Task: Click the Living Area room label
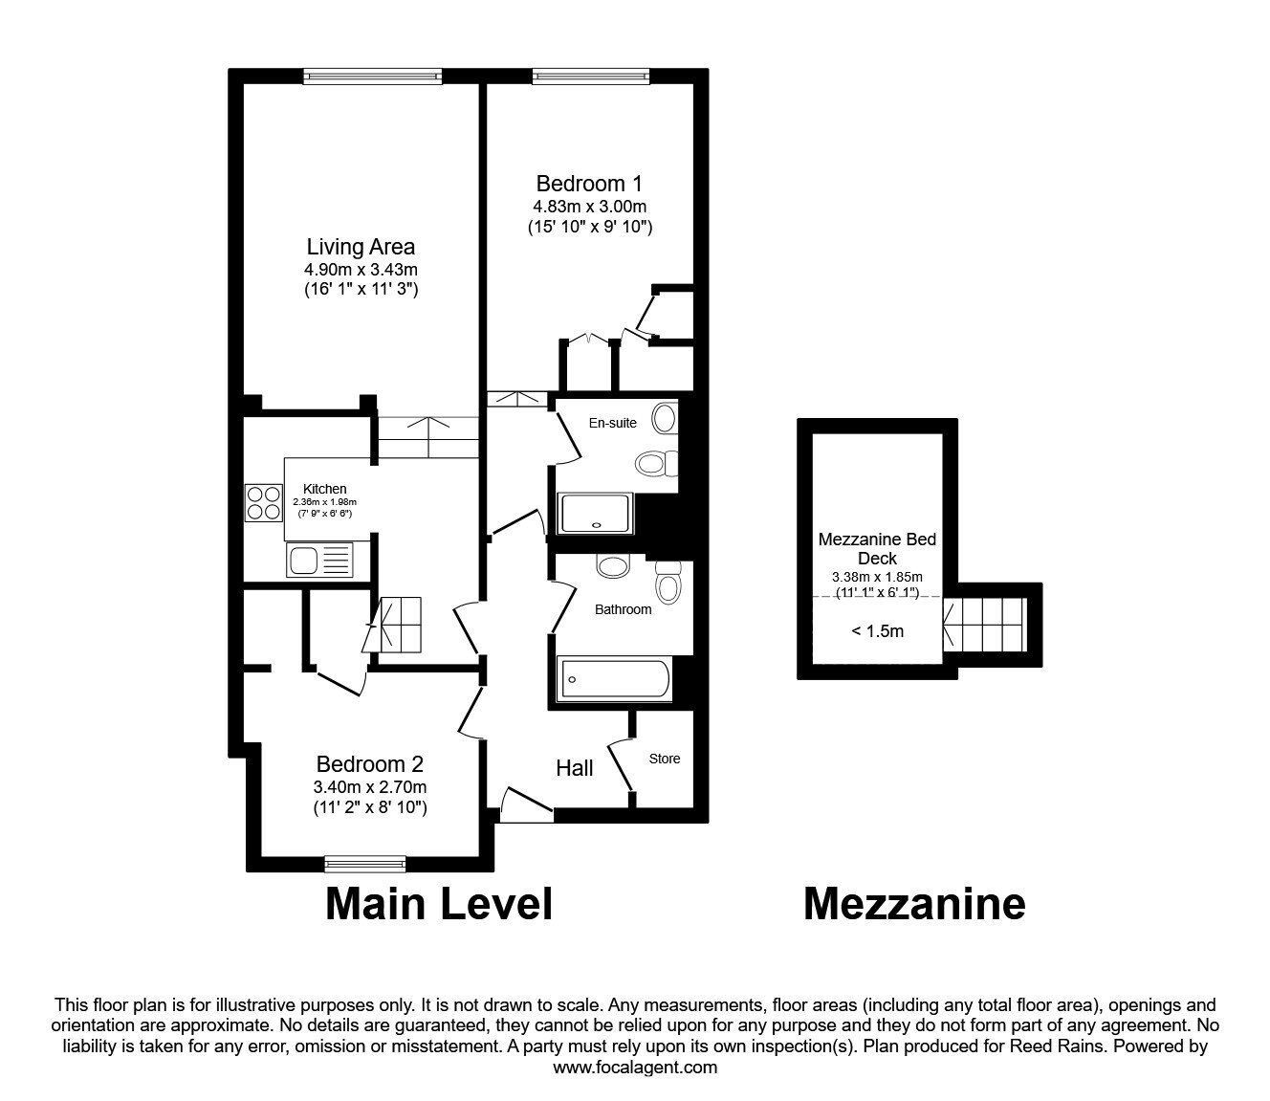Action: pos(361,247)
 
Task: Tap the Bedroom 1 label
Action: pos(589,184)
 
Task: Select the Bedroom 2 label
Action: pos(370,764)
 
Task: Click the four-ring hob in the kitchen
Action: pos(264,503)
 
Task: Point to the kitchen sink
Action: pos(319,560)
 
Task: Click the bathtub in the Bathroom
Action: pos(614,679)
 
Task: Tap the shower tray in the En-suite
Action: pos(595,514)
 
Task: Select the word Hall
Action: pos(575,768)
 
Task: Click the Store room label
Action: pos(665,759)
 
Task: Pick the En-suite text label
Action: pos(613,423)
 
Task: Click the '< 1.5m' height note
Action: pos(877,631)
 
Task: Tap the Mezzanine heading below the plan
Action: pos(915,904)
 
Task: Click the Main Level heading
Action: pos(439,904)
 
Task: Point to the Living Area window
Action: pos(372,76)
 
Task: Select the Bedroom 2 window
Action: pos(365,865)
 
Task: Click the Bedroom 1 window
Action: pos(591,76)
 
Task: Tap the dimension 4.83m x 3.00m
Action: pos(590,207)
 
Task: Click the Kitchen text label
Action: pos(325,489)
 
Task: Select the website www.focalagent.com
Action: pos(635,1068)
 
